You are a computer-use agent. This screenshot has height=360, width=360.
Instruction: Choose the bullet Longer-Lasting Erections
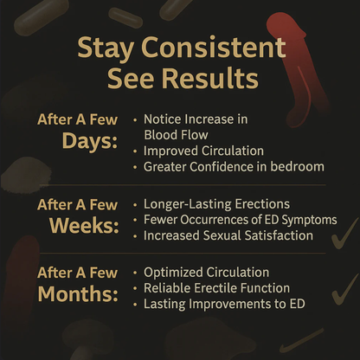[x=215, y=204]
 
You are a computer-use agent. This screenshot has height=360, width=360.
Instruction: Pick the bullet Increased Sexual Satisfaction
[x=227, y=235]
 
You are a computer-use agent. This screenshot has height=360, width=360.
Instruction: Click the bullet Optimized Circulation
[x=207, y=272]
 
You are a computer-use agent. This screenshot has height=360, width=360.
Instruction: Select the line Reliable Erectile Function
[x=217, y=287]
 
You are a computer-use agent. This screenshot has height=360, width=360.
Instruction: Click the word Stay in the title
[x=105, y=48]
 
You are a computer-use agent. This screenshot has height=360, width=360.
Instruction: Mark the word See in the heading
[x=127, y=79]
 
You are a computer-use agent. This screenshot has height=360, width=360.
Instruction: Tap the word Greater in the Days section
[x=170, y=166]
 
